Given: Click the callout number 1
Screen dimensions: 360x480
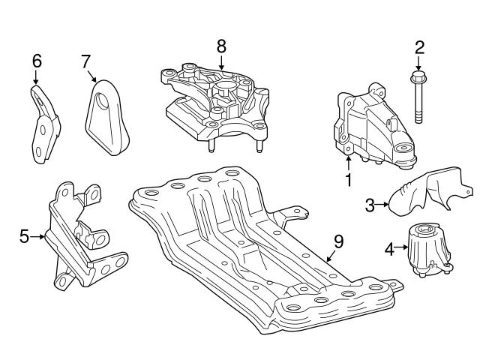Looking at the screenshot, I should (x=348, y=180).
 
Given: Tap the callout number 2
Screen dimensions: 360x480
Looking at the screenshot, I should (x=419, y=48).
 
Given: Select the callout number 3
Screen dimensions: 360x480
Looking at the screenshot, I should (x=370, y=203).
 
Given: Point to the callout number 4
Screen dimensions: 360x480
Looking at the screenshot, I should (x=388, y=247).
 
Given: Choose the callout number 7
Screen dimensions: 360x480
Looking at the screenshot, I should (x=86, y=60).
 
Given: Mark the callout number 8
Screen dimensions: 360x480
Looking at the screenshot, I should (x=221, y=46).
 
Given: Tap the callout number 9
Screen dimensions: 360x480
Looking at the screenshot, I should (x=338, y=241).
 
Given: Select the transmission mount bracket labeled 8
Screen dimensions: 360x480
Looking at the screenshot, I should (x=214, y=105).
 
